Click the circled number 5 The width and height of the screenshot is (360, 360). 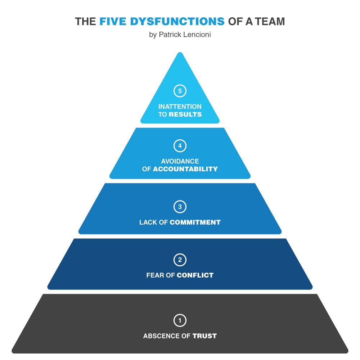180,91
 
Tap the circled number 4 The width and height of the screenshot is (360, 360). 180,146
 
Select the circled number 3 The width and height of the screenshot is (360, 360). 180,207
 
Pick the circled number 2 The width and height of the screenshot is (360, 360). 180,260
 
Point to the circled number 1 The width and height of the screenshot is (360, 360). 180,320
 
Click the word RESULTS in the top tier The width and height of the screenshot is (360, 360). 185,114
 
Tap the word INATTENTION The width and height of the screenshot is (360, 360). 180,107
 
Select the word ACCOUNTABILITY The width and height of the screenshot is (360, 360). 185,169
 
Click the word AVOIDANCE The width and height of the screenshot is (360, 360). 180,161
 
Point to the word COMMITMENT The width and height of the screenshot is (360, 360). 195,222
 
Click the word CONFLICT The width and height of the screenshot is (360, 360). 195,275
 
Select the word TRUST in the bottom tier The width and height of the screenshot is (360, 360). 204,336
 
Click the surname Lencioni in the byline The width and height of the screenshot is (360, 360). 196,35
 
